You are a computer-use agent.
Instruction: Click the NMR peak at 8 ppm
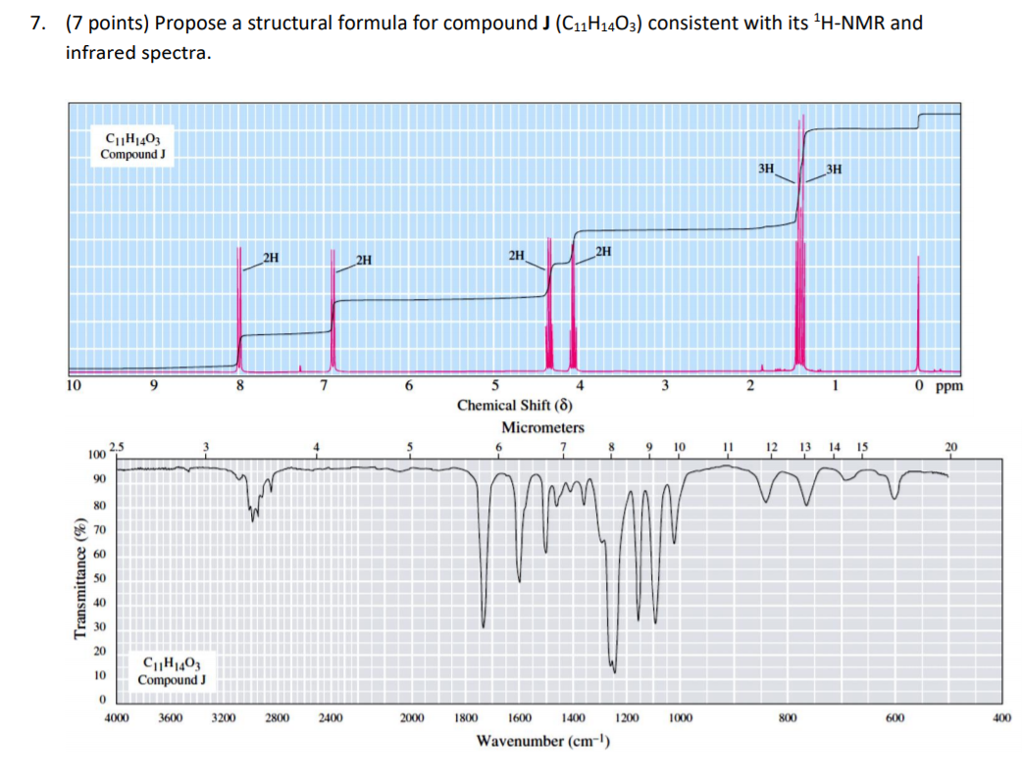tap(239, 304)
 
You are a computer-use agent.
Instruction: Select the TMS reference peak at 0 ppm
tap(918, 314)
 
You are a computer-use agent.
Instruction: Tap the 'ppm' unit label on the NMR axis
tap(949, 386)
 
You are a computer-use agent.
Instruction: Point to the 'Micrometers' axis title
tap(542, 427)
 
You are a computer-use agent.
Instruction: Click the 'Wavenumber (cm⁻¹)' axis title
tap(542, 740)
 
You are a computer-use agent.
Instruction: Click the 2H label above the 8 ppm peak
tap(271, 258)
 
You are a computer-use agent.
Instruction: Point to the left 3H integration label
tap(767, 169)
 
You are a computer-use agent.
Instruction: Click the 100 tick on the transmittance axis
tap(95, 457)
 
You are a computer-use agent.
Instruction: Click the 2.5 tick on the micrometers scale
tap(119, 447)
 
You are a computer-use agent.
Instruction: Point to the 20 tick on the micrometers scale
tap(949, 448)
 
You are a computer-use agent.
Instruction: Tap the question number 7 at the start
tap(37, 23)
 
